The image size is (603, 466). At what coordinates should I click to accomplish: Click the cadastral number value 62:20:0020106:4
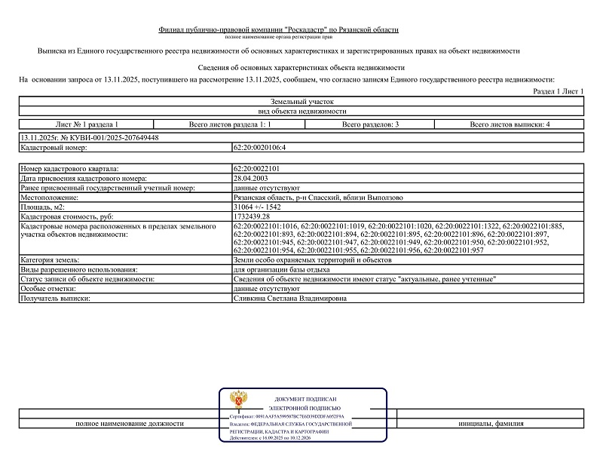(x=260, y=147)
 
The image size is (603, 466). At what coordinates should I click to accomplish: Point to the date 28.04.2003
(x=253, y=178)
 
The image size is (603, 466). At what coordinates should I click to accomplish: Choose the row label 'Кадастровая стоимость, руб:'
(x=66, y=216)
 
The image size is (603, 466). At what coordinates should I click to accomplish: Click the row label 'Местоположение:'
(x=51, y=198)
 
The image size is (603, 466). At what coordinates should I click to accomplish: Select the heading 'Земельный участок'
(x=301, y=101)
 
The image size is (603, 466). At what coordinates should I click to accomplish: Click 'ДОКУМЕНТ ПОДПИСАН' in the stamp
(x=305, y=399)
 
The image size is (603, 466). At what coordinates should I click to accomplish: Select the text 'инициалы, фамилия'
(x=491, y=424)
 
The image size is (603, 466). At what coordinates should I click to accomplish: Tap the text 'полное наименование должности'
(x=130, y=424)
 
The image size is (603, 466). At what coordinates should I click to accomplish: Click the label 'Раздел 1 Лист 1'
(x=559, y=90)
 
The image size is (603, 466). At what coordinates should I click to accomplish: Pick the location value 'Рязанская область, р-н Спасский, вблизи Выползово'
(x=318, y=198)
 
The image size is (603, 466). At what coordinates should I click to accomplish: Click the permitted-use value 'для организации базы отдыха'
(x=282, y=269)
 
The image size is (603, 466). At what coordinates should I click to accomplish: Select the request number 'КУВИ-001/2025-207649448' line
(x=89, y=138)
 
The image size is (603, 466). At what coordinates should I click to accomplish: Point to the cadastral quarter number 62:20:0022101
(x=256, y=168)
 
